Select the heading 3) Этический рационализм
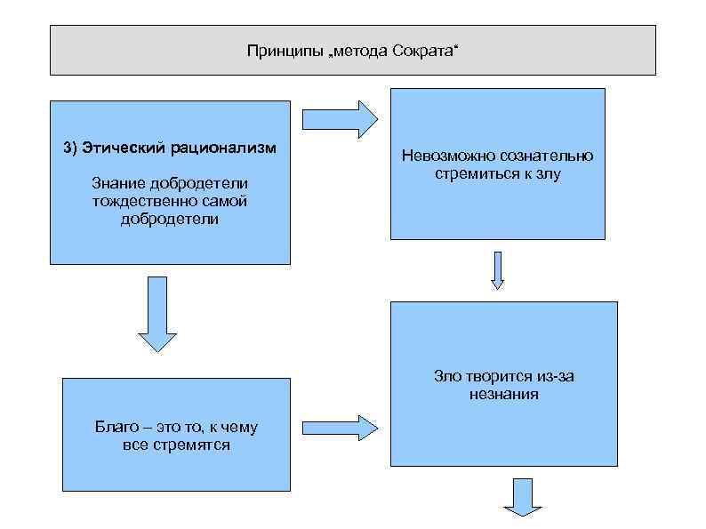click(x=169, y=147)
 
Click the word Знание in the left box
click(x=118, y=183)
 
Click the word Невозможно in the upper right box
click(x=442, y=156)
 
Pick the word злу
click(x=549, y=173)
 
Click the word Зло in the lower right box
click(x=447, y=376)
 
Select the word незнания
click(x=504, y=393)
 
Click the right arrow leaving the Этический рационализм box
click(x=340, y=119)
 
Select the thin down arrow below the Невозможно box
click(x=498, y=270)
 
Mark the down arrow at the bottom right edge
click(x=523, y=497)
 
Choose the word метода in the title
click(x=365, y=51)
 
